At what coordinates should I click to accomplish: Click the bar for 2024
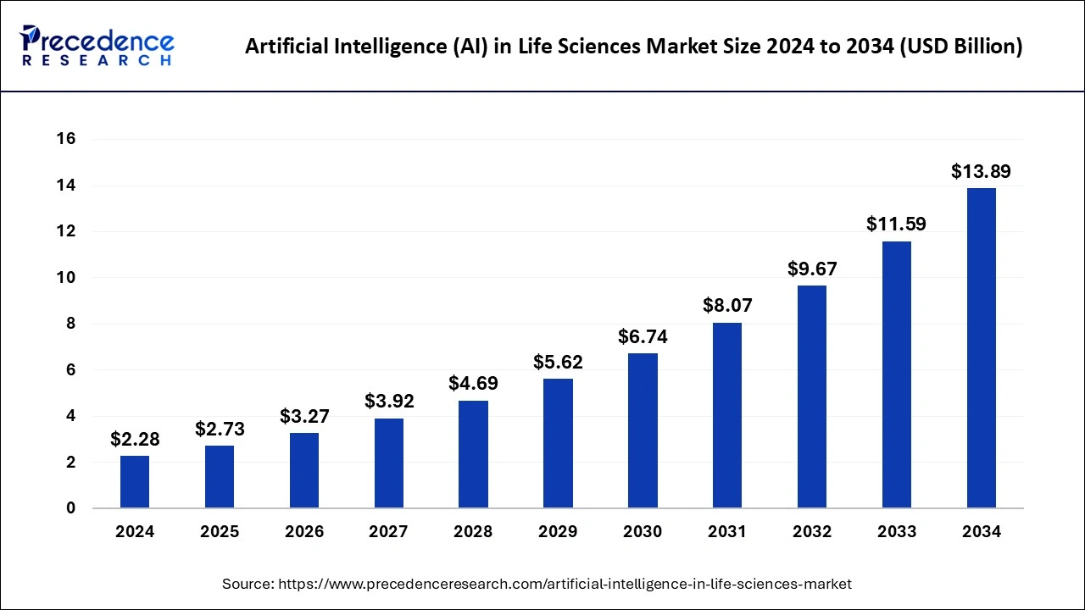coord(135,482)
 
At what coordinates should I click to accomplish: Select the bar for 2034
coord(982,348)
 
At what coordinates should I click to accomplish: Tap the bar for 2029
coord(558,443)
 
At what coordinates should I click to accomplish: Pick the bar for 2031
coord(727,415)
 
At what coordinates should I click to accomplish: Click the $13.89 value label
coord(981,172)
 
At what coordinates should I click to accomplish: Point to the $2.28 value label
coord(135,440)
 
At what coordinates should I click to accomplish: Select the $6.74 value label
coord(643,337)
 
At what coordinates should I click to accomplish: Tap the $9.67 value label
coord(812,269)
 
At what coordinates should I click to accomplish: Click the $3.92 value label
coord(389,402)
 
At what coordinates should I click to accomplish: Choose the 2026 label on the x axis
coord(304,532)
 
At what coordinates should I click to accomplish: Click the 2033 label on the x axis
coord(897,532)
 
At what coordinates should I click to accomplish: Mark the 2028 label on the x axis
coord(474,532)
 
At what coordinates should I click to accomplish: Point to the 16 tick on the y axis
coord(65,139)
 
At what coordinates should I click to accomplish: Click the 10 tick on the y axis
coord(65,278)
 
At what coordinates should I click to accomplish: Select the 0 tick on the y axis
coord(70,508)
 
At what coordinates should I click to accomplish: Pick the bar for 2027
coord(389,463)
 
